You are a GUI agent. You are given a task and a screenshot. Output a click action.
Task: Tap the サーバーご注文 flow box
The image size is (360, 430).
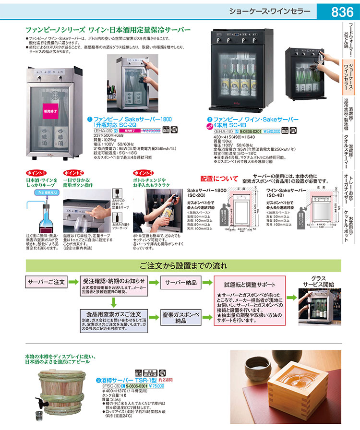tap(46, 282)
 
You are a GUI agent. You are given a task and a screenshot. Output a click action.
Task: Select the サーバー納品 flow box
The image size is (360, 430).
tap(181, 282)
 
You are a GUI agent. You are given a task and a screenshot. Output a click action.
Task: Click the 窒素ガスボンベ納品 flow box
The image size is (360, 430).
tap(181, 317)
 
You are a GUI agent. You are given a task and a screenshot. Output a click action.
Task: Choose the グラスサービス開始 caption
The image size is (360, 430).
tap(314, 282)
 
